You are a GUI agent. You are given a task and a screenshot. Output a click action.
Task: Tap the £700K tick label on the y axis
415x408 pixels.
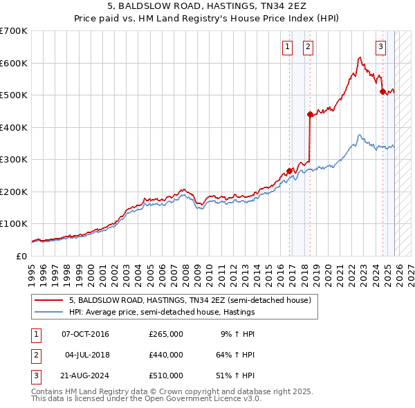click(x=14, y=31)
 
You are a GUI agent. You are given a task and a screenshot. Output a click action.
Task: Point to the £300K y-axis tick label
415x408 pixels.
click(x=14, y=160)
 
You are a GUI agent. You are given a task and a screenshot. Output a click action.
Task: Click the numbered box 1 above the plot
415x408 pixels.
click(x=286, y=47)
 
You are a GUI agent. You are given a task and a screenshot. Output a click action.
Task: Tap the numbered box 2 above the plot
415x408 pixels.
click(x=307, y=47)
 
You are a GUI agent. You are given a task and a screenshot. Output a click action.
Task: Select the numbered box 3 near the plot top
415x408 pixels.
click(x=381, y=47)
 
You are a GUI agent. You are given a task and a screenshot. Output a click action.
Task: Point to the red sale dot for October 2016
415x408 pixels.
click(x=289, y=171)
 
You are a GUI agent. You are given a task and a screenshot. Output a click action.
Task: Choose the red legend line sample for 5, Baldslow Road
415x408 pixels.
click(x=48, y=301)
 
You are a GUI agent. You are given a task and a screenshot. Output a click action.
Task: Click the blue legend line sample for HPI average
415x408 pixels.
click(x=48, y=312)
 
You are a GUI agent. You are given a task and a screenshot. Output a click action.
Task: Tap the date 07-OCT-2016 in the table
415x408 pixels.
click(x=85, y=334)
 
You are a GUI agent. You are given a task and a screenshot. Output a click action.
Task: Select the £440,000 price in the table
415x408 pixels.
click(x=165, y=355)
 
